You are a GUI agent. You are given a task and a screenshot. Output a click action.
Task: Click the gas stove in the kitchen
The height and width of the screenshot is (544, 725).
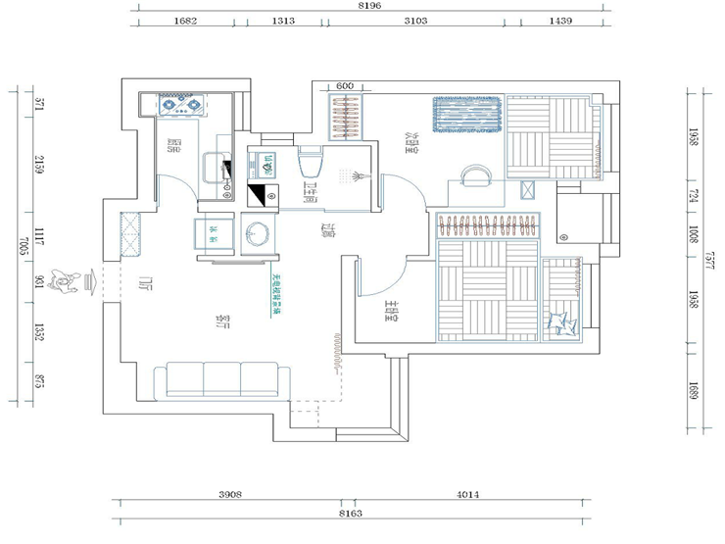point(183,105)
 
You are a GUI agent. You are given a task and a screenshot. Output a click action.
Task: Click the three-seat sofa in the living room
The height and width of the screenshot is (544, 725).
point(222,379)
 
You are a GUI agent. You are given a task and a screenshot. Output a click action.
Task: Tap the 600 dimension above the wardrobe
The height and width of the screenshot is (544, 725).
point(344,86)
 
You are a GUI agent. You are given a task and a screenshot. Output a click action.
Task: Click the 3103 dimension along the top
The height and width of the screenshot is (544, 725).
point(414,21)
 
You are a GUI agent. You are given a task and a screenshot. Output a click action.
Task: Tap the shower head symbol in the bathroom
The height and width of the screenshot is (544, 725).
point(354,176)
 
